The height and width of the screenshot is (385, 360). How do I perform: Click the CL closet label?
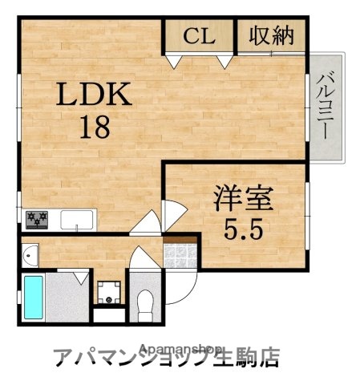pyautogui.click(x=200, y=36)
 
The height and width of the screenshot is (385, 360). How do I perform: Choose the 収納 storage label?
pyautogui.click(x=272, y=36)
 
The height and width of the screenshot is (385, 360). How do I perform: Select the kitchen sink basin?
pyautogui.click(x=77, y=218)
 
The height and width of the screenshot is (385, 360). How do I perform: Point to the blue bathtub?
pyautogui.click(x=34, y=297)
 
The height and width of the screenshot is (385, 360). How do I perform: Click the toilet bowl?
pyautogui.click(x=145, y=303)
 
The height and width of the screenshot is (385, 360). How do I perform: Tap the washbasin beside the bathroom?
pyautogui.click(x=30, y=256)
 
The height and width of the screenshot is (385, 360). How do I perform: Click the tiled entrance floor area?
pyautogui.click(x=180, y=256)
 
